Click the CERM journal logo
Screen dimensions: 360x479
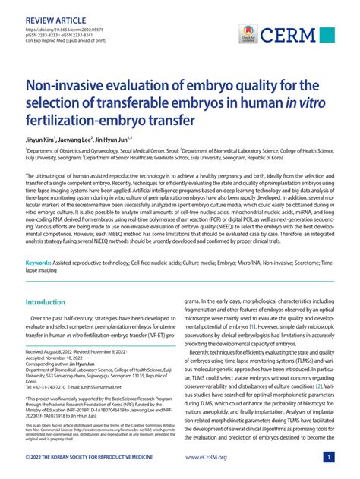click(295, 35)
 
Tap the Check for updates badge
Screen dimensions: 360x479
click(248, 35)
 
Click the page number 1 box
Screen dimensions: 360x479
click(327, 458)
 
